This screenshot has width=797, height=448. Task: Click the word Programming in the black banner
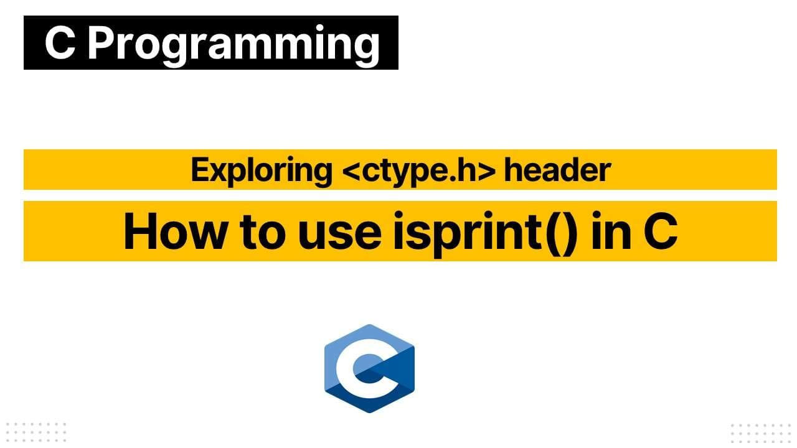[233, 44]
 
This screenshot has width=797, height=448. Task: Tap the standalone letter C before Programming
[60, 44]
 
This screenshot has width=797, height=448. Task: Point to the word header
[557, 170]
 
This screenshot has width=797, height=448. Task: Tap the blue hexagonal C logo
[369, 368]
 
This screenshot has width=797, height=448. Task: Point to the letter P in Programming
[101, 44]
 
